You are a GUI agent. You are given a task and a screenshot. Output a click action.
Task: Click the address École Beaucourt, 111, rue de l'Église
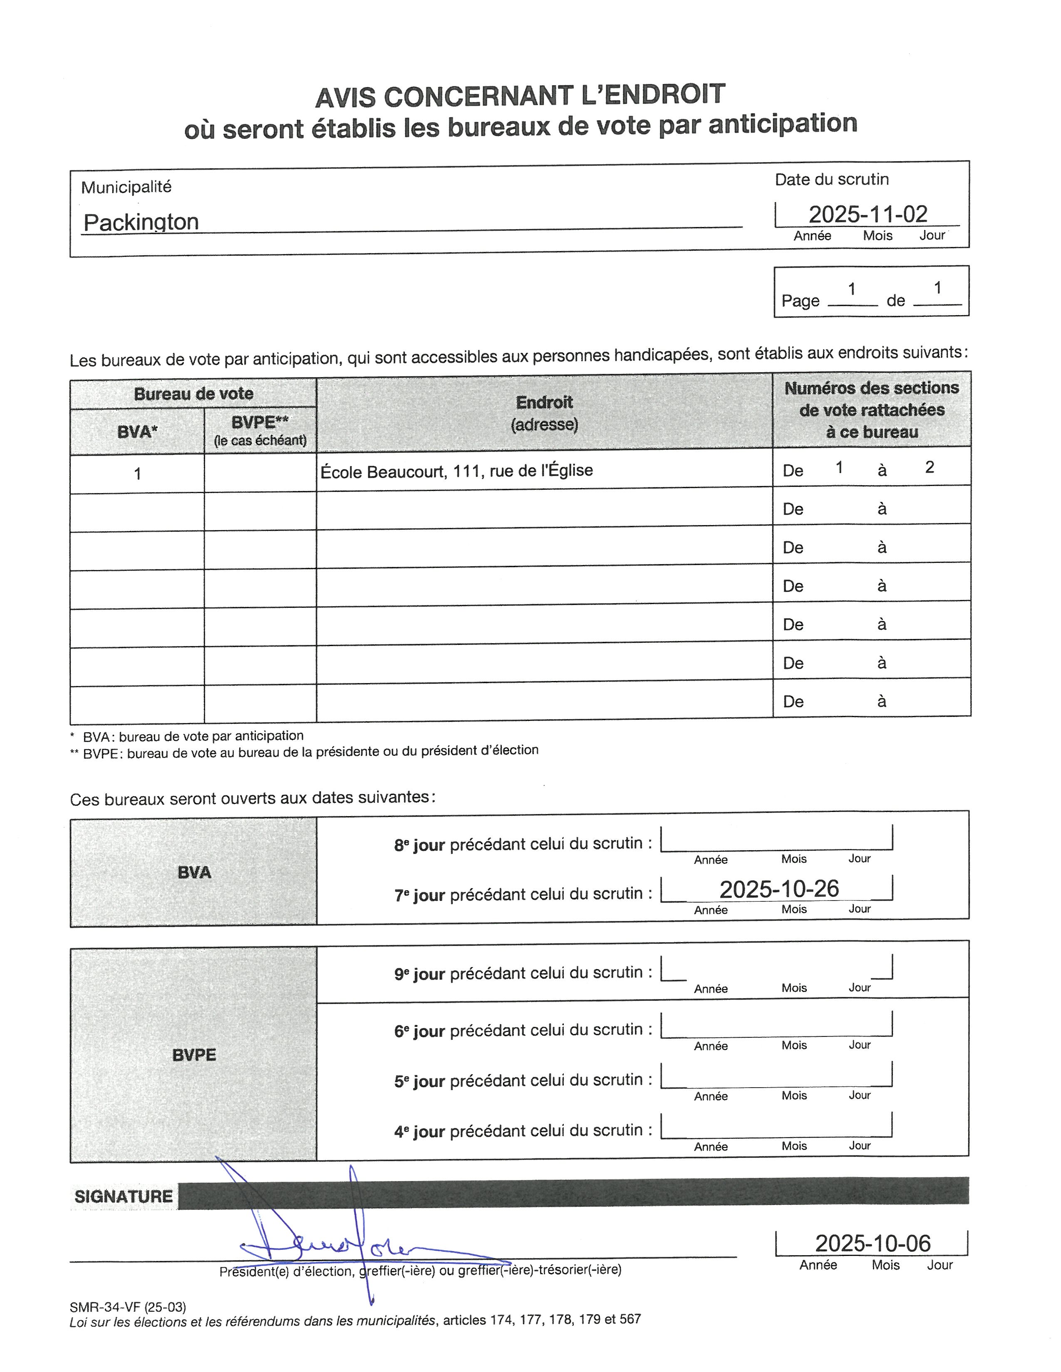pyautogui.click(x=456, y=471)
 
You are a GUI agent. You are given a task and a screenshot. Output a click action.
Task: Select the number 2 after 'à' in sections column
pyautogui.click(x=929, y=467)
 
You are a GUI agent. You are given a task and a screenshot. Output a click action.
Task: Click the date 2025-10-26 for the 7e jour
pyautogui.click(x=779, y=889)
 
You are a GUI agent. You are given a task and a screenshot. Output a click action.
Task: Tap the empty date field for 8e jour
pyautogui.click(x=776, y=839)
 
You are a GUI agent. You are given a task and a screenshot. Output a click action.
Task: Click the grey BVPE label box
pyautogui.click(x=193, y=1055)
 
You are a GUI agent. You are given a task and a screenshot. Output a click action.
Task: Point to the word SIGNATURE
pyautogui.click(x=123, y=1196)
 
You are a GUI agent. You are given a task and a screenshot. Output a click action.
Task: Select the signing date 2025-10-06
pyautogui.click(x=873, y=1243)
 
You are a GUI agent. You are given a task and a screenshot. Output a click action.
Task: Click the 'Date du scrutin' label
pyautogui.click(x=832, y=180)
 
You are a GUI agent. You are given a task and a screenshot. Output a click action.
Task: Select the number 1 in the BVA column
pyautogui.click(x=137, y=473)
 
